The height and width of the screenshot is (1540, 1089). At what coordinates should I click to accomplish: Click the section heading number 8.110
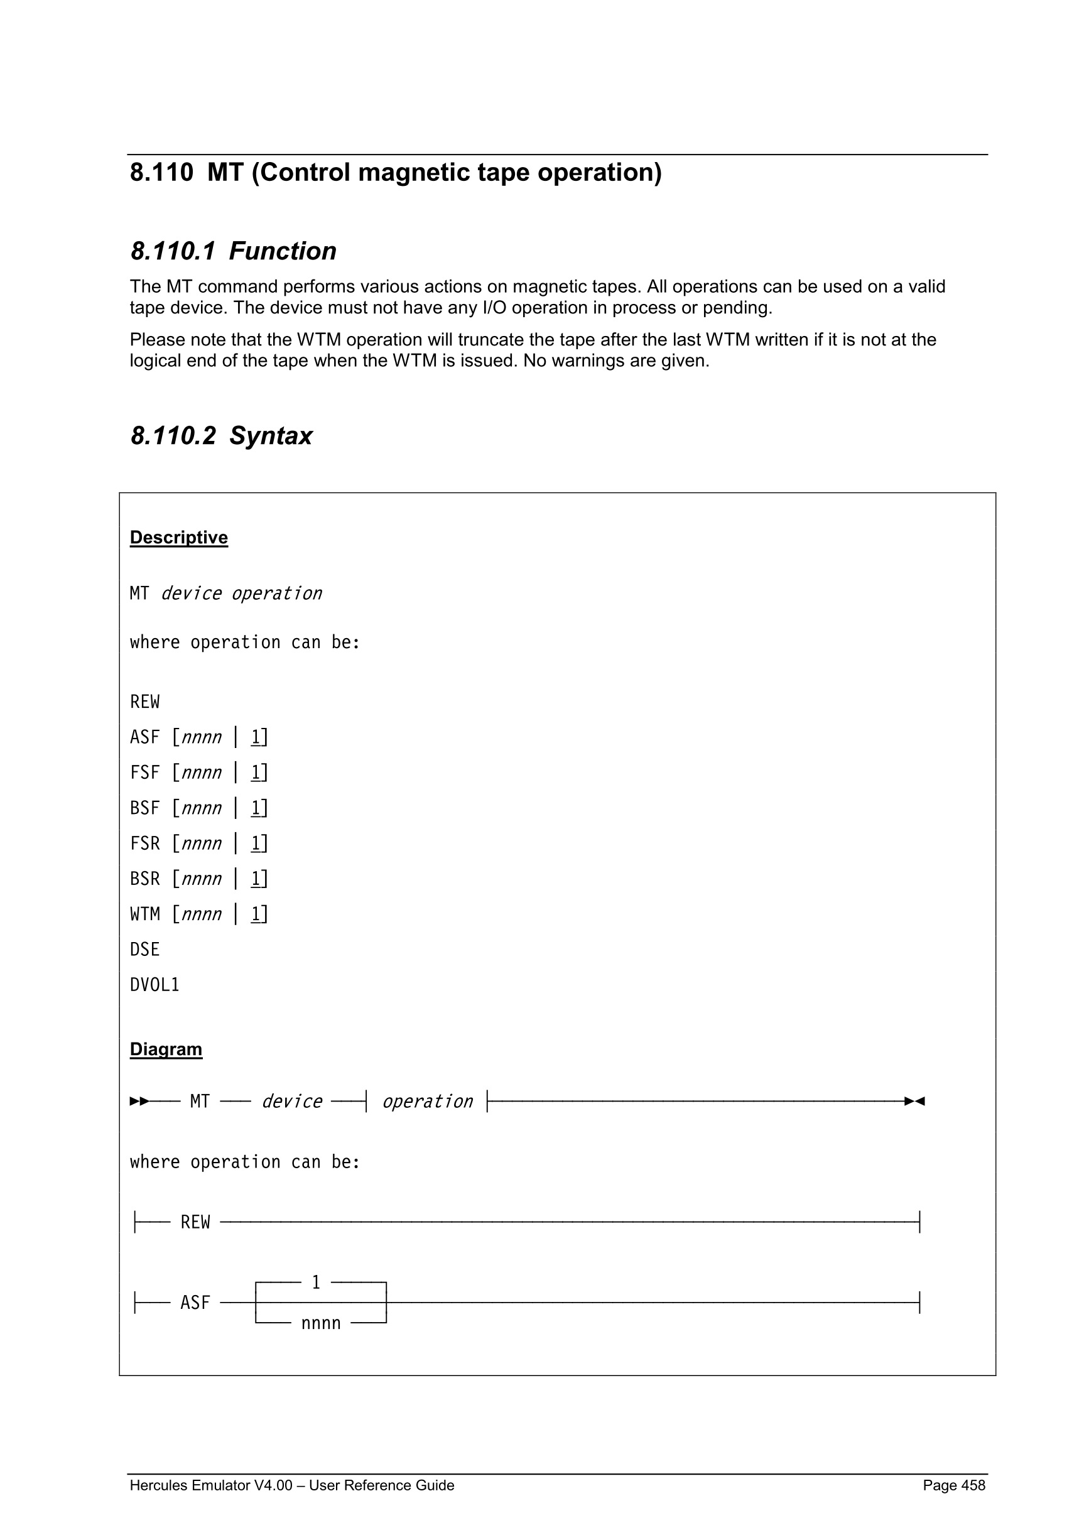tap(161, 173)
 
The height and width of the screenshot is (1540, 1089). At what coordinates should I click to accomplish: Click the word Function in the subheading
tap(283, 251)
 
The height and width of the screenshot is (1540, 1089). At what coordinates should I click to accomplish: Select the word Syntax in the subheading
tap(270, 436)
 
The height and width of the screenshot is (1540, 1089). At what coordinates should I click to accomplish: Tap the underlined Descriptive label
tap(178, 538)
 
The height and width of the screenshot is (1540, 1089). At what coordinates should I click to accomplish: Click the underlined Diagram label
tap(166, 1049)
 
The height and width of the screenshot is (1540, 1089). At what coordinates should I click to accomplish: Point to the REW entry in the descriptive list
tap(145, 702)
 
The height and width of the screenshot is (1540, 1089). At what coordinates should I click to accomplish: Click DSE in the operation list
tap(145, 950)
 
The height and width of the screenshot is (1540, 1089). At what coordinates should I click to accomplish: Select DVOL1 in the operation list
tap(155, 985)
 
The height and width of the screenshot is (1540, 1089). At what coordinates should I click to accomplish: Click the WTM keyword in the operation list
tap(145, 914)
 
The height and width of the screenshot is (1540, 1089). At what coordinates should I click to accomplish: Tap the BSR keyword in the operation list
tap(145, 879)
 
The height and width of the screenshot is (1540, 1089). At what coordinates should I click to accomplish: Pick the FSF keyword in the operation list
tap(145, 773)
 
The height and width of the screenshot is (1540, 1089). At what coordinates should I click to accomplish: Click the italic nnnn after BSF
tap(201, 808)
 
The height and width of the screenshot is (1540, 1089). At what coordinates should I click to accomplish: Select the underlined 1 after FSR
tap(256, 843)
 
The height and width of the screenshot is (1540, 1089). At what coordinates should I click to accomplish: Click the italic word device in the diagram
tap(291, 1102)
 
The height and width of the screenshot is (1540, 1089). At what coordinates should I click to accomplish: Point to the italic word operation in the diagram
tap(427, 1102)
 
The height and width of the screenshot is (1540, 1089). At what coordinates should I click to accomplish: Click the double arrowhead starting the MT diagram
tap(139, 1102)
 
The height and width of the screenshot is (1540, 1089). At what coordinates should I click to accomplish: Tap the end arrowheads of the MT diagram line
tap(914, 1102)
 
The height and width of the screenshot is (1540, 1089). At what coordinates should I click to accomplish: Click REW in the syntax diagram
tap(195, 1222)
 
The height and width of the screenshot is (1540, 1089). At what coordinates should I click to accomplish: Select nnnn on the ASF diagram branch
tap(320, 1323)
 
